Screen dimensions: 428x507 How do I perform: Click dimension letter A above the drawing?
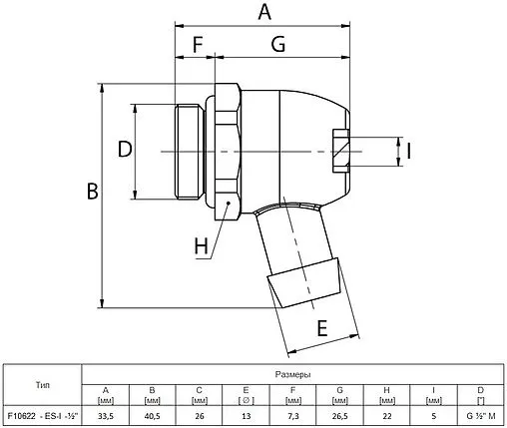[x=263, y=12]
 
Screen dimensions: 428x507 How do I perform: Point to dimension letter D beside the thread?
[x=125, y=150]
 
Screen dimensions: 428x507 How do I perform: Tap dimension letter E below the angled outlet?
[x=322, y=327]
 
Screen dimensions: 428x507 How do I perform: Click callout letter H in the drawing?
[x=202, y=243]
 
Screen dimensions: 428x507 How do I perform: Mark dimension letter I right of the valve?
[x=409, y=151]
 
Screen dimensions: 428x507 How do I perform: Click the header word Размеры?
[x=292, y=373]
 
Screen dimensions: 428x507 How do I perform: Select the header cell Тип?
[x=40, y=384]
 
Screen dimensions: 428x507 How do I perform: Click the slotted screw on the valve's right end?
[x=339, y=150]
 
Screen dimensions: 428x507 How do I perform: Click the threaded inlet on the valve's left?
[x=188, y=150]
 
